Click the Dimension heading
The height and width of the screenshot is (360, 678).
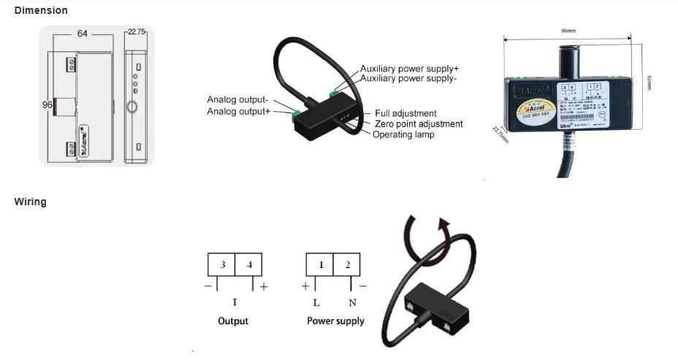(41, 10)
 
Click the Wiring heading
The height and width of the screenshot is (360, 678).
(30, 202)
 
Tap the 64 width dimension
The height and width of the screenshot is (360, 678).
(83, 34)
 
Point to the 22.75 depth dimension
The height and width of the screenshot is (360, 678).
(137, 32)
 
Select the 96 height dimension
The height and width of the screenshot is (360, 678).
(47, 104)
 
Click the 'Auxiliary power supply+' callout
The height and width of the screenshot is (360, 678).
(409, 69)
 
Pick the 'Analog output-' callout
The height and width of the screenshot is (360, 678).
(237, 100)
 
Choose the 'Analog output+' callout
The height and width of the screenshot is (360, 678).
(238, 111)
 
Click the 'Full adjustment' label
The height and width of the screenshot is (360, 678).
(405, 113)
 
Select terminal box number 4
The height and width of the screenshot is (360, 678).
(249, 265)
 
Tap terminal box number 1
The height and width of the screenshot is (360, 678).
(319, 265)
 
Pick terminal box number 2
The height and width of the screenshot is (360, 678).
(347, 265)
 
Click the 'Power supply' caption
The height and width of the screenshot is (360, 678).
(335, 321)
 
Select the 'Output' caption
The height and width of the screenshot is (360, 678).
(233, 321)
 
